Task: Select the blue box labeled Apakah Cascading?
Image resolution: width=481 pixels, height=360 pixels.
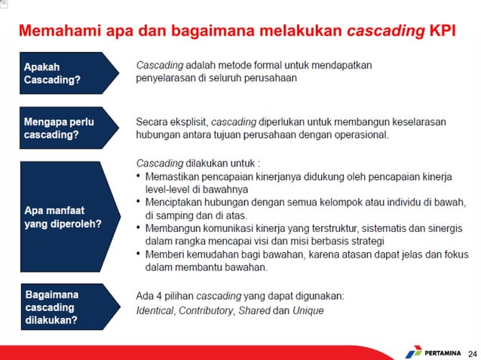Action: pyautogui.click(x=68, y=72)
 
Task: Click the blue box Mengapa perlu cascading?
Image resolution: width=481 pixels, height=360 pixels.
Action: pyautogui.click(x=68, y=127)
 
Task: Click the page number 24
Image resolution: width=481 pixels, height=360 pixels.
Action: pyautogui.click(x=472, y=352)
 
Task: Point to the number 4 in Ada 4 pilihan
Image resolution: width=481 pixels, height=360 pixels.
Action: pyautogui.click(x=158, y=296)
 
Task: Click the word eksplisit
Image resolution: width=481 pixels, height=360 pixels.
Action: pyautogui.click(x=186, y=121)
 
